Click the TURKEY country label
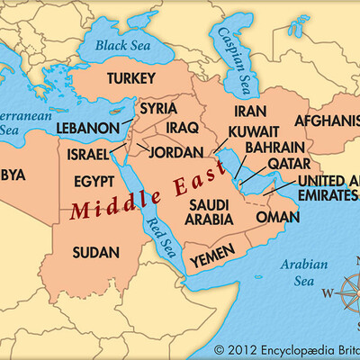pyautogui.click(x=132, y=79)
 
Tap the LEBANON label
pyautogui.click(x=87, y=129)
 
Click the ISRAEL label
pyautogui.click(x=88, y=155)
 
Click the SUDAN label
pyautogui.click(x=94, y=249)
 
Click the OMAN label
pyautogui.click(x=277, y=217)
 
